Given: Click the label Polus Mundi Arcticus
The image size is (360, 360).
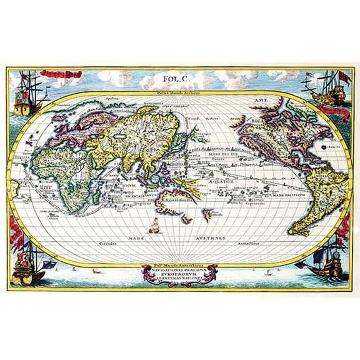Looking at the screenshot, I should point(180,93).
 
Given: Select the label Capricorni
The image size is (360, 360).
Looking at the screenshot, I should point(255,202).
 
